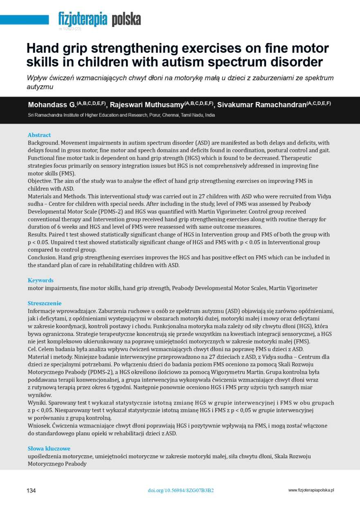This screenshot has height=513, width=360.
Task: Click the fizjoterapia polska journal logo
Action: point(99,19)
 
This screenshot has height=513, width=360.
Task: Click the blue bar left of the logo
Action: point(25,20)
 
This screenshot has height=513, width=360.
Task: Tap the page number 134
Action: point(31,490)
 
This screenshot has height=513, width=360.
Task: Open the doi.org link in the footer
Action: point(180,490)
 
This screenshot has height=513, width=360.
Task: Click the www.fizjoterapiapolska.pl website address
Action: point(311,490)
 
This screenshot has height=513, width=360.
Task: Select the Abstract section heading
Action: point(39,135)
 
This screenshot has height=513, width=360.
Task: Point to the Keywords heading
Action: point(40,280)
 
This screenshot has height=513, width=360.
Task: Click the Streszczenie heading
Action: point(45,303)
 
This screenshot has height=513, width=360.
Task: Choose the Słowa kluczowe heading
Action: point(49,449)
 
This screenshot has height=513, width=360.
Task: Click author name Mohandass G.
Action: point(52,105)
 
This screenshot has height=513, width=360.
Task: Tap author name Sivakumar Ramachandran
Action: point(262,105)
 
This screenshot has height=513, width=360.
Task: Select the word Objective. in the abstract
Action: point(40,181)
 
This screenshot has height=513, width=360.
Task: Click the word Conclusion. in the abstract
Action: point(42,258)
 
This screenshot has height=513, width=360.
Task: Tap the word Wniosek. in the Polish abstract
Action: point(39,426)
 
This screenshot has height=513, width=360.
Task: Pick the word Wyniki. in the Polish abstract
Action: point(38,403)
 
